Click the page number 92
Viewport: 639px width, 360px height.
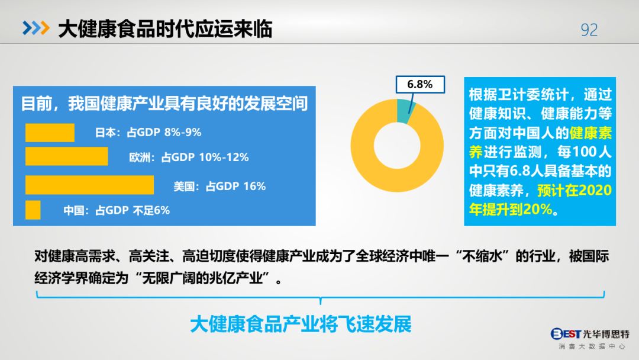(589, 30)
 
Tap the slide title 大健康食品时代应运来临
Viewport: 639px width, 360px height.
(165, 29)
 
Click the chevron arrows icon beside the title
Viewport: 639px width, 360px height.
(36, 28)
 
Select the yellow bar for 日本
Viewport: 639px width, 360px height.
(50, 133)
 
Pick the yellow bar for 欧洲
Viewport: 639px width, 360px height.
(66, 156)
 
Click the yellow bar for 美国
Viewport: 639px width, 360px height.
(90, 185)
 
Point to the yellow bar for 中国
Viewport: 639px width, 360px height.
(33, 210)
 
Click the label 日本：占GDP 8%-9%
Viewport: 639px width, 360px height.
(148, 133)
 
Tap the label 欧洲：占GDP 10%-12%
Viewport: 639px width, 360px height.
(189, 157)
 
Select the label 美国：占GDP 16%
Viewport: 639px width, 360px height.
(220, 187)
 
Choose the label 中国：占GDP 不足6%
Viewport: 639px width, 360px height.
(117, 210)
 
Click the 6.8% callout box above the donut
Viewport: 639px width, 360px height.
(420, 85)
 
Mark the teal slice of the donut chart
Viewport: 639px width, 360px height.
(405, 110)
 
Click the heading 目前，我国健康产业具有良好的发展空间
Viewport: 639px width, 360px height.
(164, 104)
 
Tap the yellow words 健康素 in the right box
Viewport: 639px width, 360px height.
(590, 133)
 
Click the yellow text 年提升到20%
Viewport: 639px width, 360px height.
(511, 209)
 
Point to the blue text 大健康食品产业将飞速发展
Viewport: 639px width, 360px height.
(301, 324)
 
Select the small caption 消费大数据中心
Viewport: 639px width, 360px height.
(592, 346)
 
